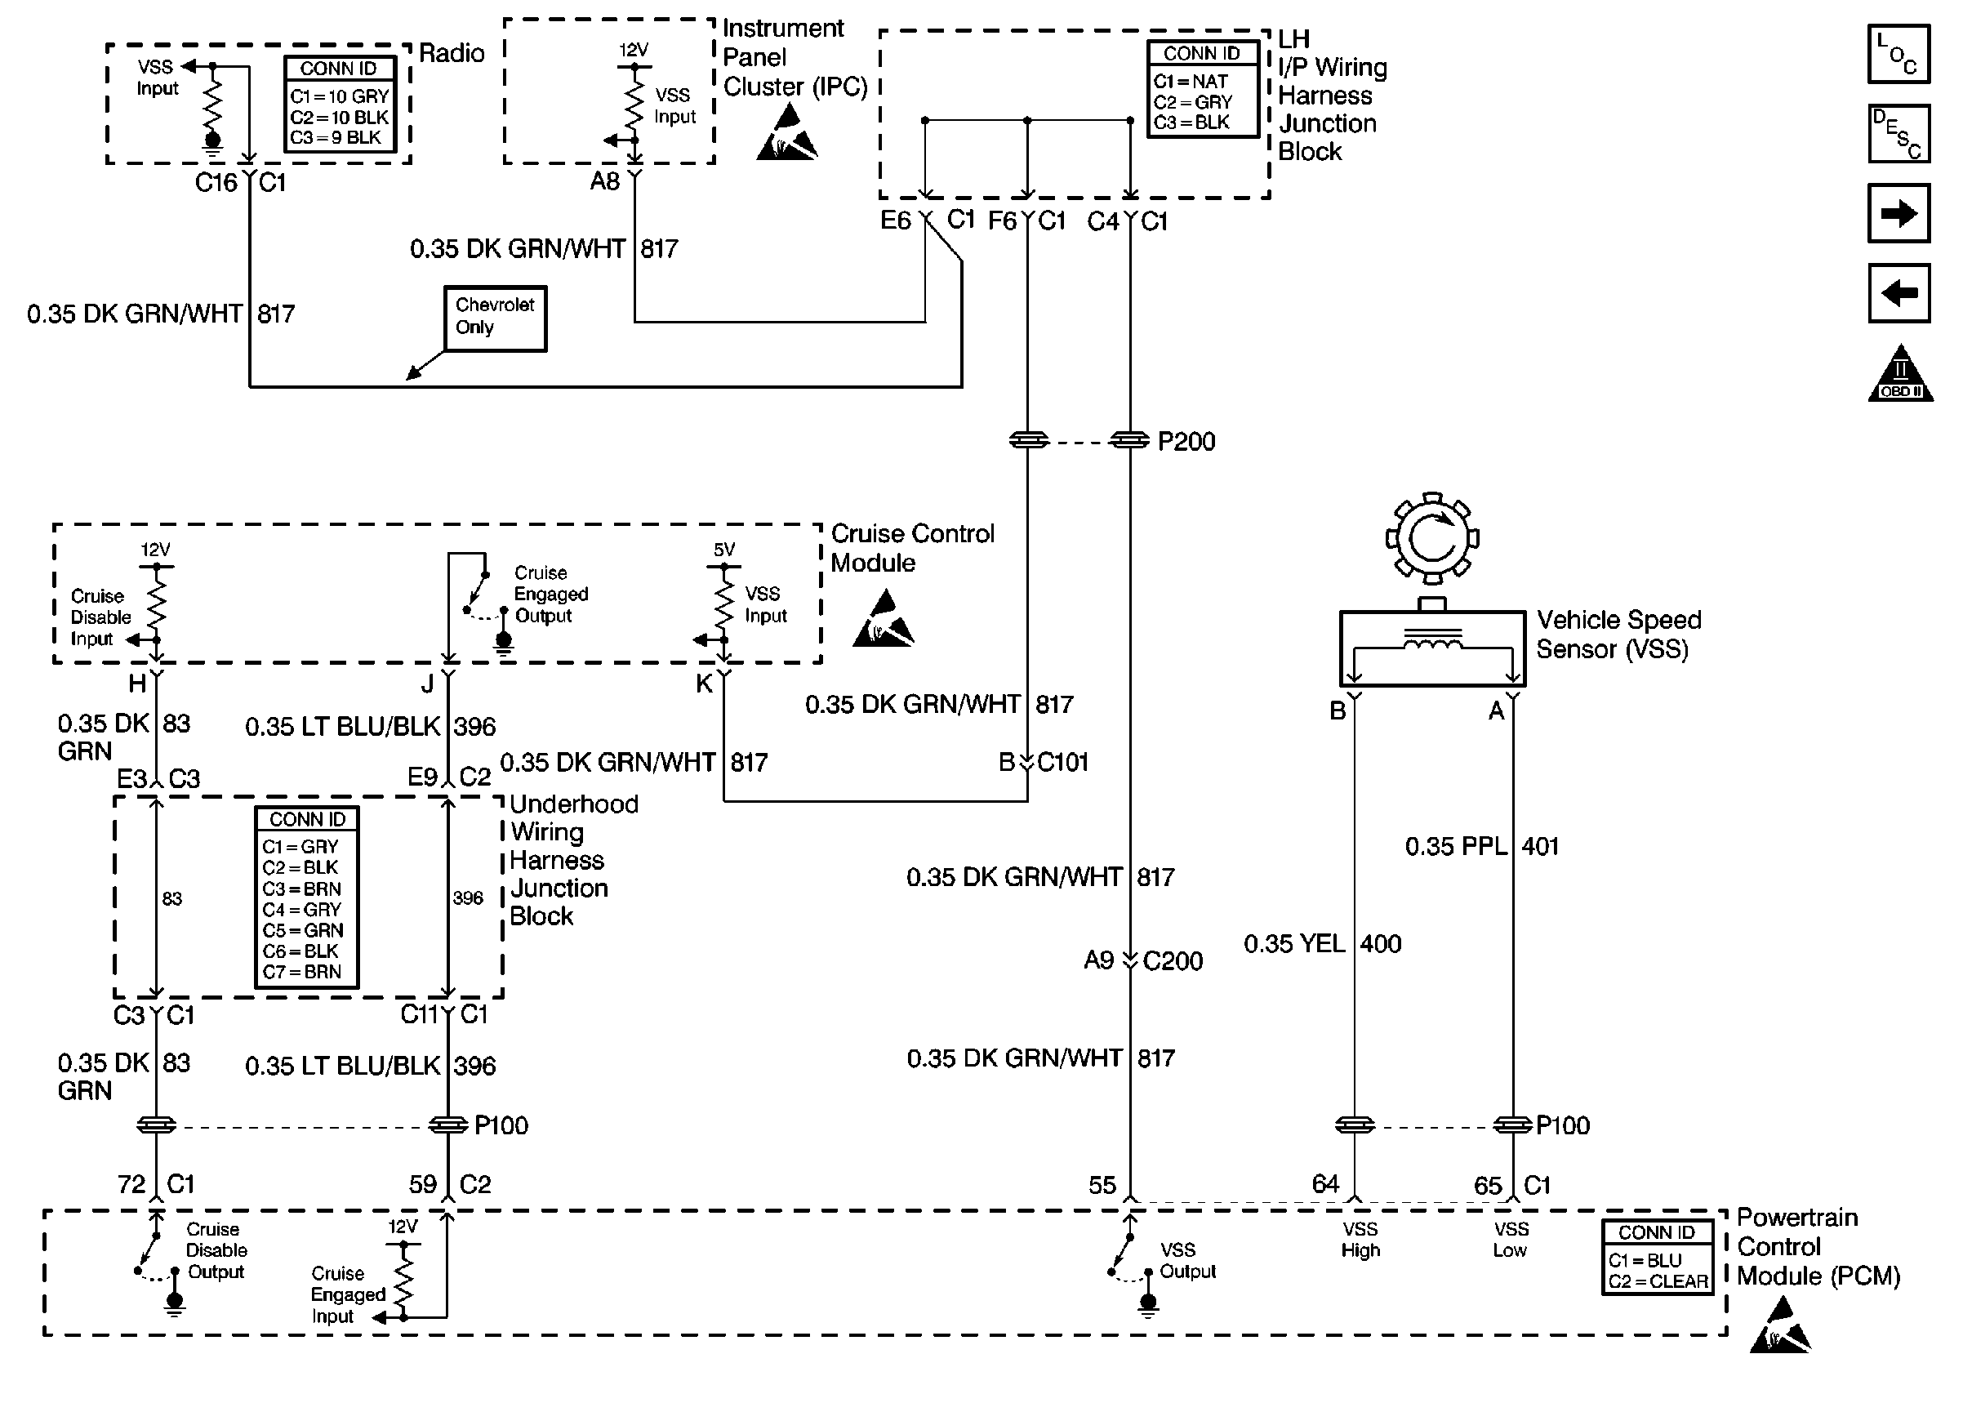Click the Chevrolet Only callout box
tap(495, 318)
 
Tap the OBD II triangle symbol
tap(1899, 375)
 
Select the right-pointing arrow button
tap(1898, 213)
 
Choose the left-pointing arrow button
tap(1898, 293)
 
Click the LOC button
tap(1898, 55)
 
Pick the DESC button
tap(1898, 134)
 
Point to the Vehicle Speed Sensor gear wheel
tap(1432, 538)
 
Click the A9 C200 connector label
tap(1142, 960)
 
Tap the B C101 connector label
tap(1044, 762)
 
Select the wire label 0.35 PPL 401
tap(1481, 846)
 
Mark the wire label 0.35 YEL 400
tap(1321, 943)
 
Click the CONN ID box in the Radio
tap(340, 104)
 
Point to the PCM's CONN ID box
tap(1657, 1256)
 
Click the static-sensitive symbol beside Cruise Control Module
tap(883, 621)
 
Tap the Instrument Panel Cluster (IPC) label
tap(793, 58)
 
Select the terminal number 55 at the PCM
tap(1102, 1184)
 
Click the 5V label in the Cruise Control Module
tap(723, 550)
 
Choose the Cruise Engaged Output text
tap(550, 595)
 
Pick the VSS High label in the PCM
tap(1360, 1239)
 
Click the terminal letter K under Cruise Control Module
tap(705, 684)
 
